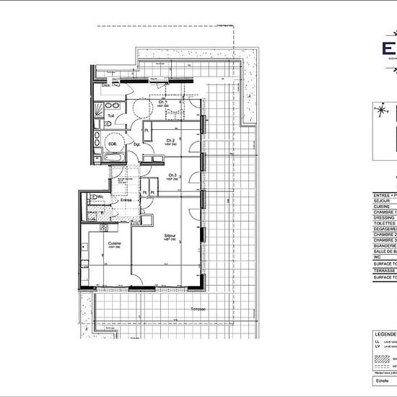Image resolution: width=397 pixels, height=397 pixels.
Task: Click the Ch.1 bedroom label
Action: pos(163,102)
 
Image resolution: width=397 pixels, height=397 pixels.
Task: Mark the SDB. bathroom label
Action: pos(113,144)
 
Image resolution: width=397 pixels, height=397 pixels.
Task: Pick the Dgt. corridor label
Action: pos(136,144)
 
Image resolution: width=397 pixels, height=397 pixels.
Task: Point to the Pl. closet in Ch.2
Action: pos(147,130)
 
